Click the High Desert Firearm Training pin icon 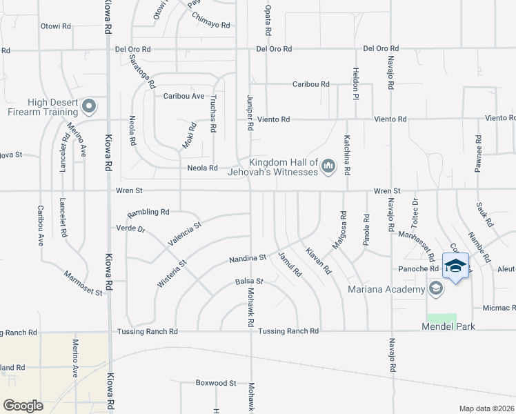(89, 106)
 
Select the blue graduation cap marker (455, 266)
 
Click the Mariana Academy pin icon (435, 288)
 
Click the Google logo (23, 405)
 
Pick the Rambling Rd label (147, 212)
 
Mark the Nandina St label (248, 259)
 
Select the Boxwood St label (216, 382)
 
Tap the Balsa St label (249, 282)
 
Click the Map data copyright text (486, 408)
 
